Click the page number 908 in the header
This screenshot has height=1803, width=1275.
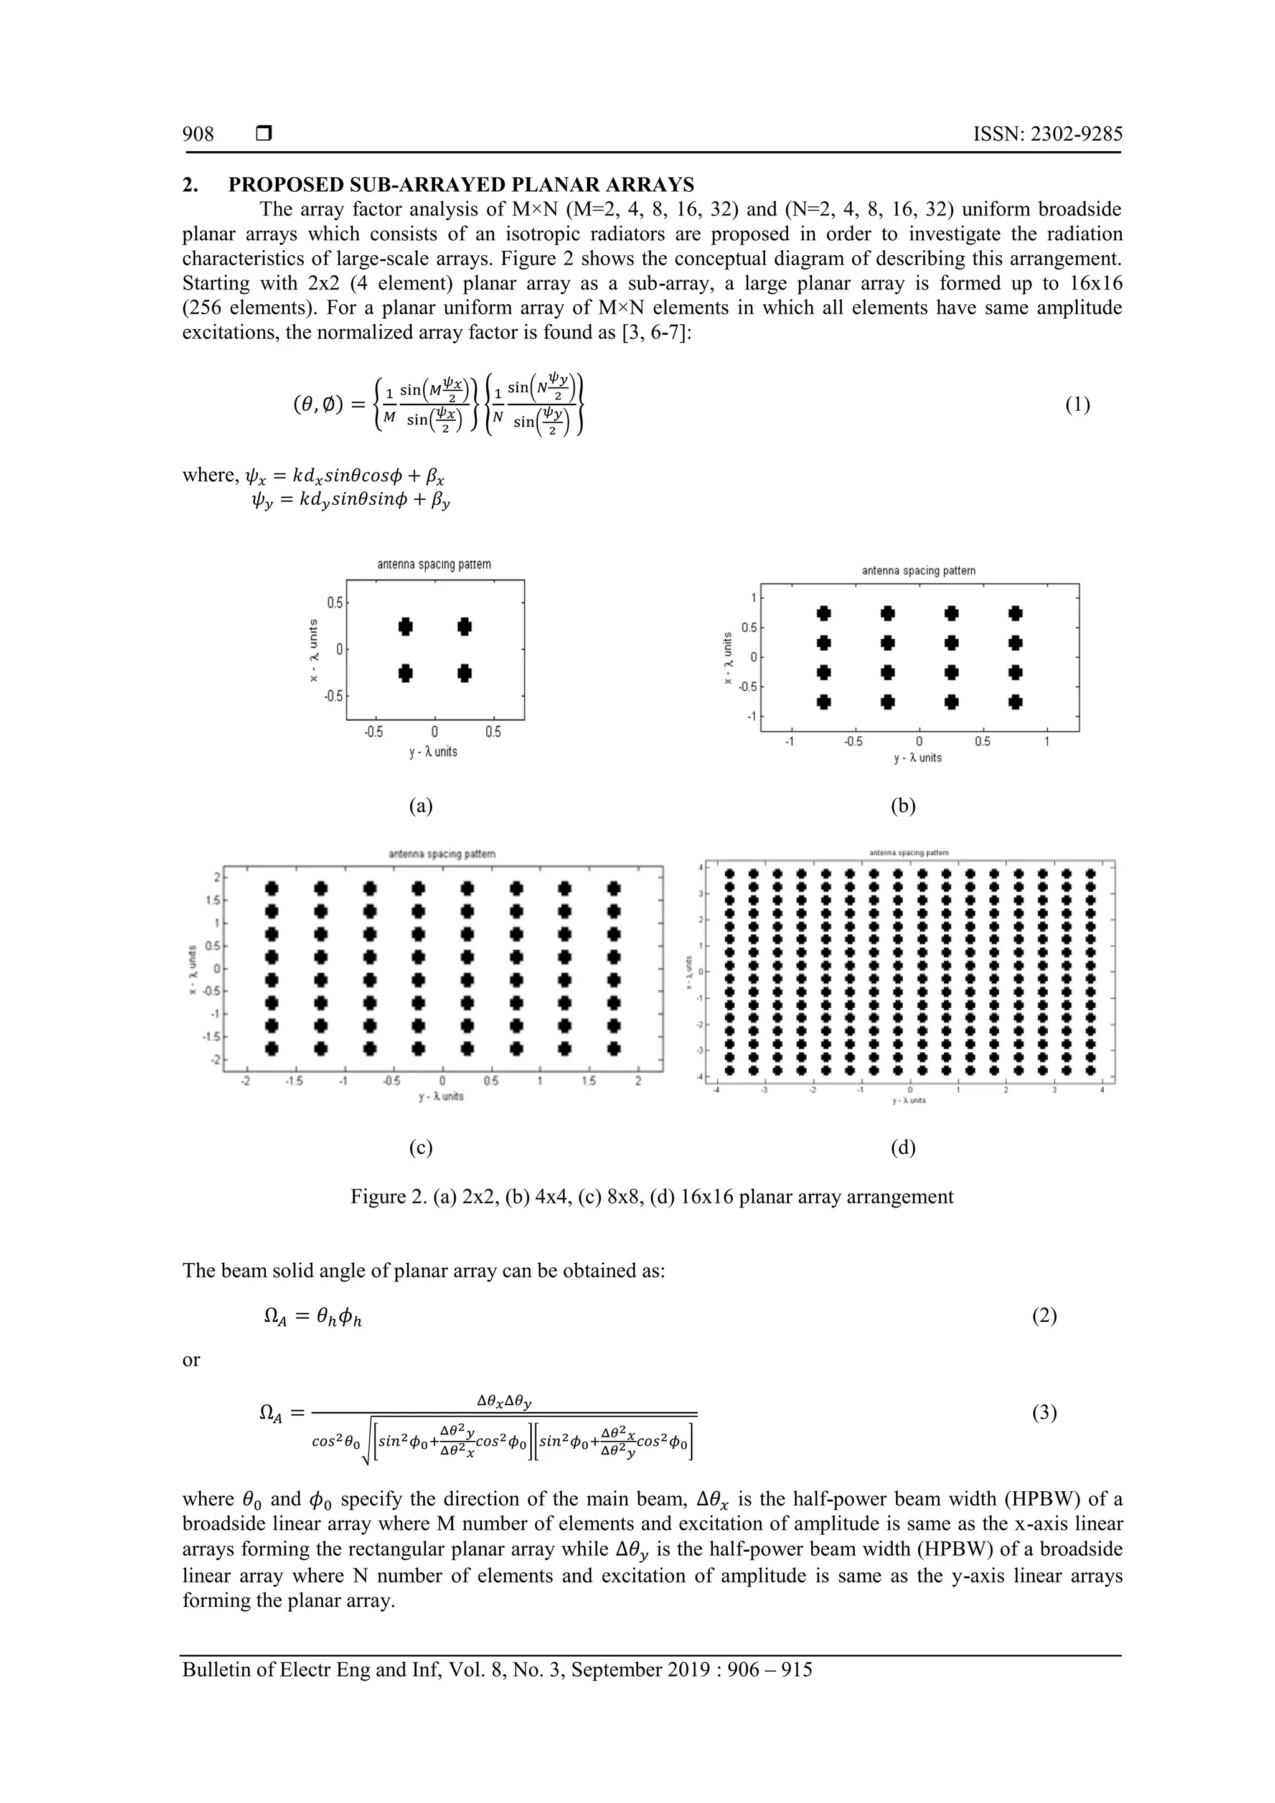pyautogui.click(x=198, y=134)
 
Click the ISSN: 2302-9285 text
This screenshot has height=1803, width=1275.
pyautogui.click(x=1047, y=134)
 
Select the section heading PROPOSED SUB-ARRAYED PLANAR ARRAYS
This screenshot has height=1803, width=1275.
pyautogui.click(x=461, y=185)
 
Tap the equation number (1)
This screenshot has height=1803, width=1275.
pyautogui.click(x=1077, y=405)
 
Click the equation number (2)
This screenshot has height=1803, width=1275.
pyautogui.click(x=1044, y=1338)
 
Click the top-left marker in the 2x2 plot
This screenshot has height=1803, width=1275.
pyautogui.click(x=405, y=626)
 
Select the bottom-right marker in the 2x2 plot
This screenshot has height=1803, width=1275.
pyautogui.click(x=464, y=673)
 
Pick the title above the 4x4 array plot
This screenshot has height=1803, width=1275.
pyautogui.click(x=918, y=571)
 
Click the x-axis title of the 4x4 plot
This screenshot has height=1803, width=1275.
pyautogui.click(x=918, y=758)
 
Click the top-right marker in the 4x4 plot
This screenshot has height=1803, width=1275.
pyautogui.click(x=1016, y=612)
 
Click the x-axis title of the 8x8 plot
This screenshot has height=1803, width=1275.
pyautogui.click(x=441, y=1096)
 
